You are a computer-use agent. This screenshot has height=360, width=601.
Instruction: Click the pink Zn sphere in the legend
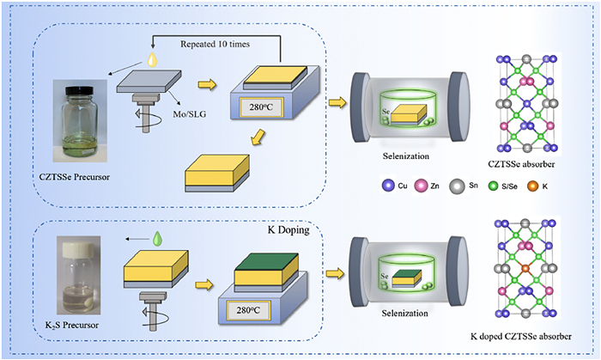(x=437, y=184)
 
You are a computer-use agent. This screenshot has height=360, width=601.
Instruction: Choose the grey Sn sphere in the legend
(x=479, y=184)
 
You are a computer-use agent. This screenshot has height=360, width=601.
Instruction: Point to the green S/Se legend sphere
(x=520, y=184)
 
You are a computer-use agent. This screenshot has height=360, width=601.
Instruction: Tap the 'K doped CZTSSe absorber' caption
(x=528, y=333)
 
